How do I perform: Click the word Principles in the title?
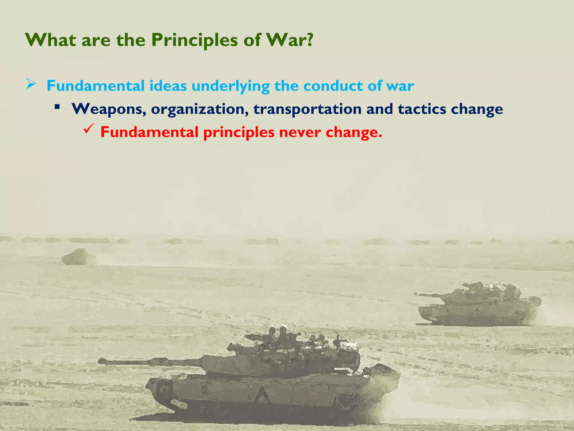click(195, 40)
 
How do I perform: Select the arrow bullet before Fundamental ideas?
click(31, 84)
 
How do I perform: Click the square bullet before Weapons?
click(57, 107)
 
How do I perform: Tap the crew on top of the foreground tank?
click(277, 335)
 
